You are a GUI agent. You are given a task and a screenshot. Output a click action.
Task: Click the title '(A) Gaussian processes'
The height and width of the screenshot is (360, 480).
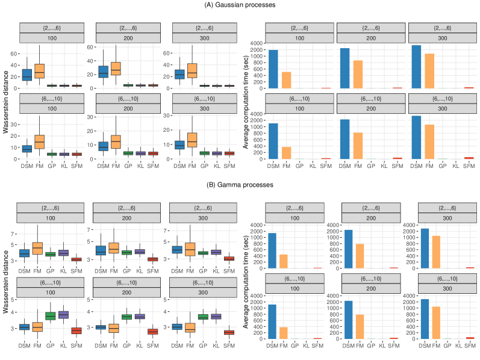(x=240, y=5)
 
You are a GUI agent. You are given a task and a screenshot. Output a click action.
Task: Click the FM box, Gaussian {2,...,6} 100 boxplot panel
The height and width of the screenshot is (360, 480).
(x=40, y=71)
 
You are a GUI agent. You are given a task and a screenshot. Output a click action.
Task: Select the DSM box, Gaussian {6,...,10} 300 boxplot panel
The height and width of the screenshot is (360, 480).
(x=179, y=144)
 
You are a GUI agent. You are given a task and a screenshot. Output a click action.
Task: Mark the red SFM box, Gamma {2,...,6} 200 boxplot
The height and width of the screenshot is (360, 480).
(x=152, y=259)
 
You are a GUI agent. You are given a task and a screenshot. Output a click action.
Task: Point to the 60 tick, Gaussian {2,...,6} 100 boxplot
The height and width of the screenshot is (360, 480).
(x=16, y=53)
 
